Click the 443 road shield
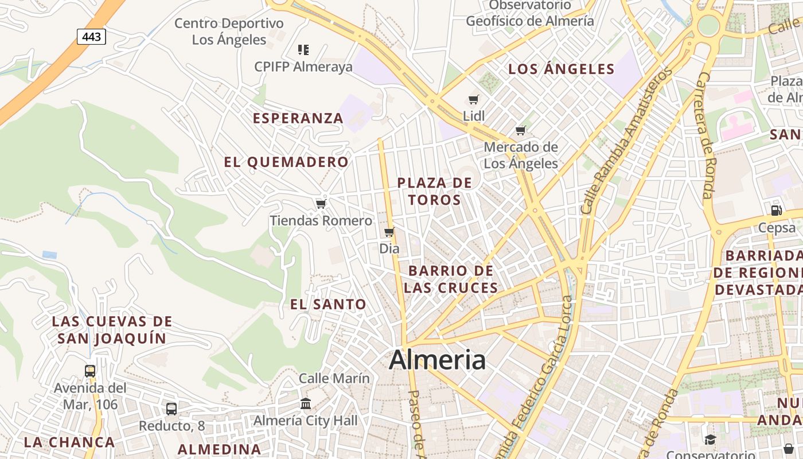click(91, 37)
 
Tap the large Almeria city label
click(437, 360)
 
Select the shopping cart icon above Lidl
click(474, 99)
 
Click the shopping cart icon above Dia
click(389, 232)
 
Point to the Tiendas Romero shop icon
click(321, 204)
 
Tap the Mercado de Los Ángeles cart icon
click(520, 130)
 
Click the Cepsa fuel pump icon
click(776, 210)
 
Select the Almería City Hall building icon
click(306, 404)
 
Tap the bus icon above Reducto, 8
click(171, 409)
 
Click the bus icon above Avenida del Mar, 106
click(90, 371)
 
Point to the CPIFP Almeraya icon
click(303, 50)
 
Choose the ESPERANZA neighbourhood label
click(298, 118)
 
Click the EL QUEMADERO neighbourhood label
click(286, 162)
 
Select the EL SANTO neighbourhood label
click(328, 305)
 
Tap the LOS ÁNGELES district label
click(562, 69)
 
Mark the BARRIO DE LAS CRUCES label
click(451, 279)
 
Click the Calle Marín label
click(334, 379)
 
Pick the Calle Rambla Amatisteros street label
click(626, 140)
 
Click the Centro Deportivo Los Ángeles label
click(229, 32)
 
